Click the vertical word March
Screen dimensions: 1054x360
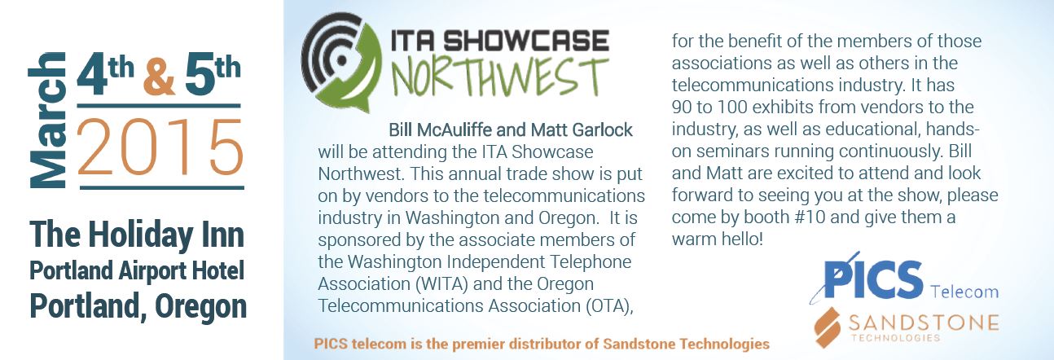(47, 120)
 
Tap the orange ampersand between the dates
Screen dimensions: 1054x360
(160, 77)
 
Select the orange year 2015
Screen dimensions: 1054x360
(160, 147)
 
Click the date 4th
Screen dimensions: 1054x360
(105, 74)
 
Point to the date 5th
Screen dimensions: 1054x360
(213, 74)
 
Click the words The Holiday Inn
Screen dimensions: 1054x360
(137, 235)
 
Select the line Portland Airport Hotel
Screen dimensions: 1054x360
(137, 271)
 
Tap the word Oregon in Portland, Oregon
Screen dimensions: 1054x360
(201, 306)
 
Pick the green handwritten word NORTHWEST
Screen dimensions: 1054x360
(499, 77)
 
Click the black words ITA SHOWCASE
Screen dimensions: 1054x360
(499, 41)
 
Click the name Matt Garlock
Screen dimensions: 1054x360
(582, 130)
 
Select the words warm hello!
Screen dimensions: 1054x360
(717, 239)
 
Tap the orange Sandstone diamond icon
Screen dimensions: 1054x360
(828, 327)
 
